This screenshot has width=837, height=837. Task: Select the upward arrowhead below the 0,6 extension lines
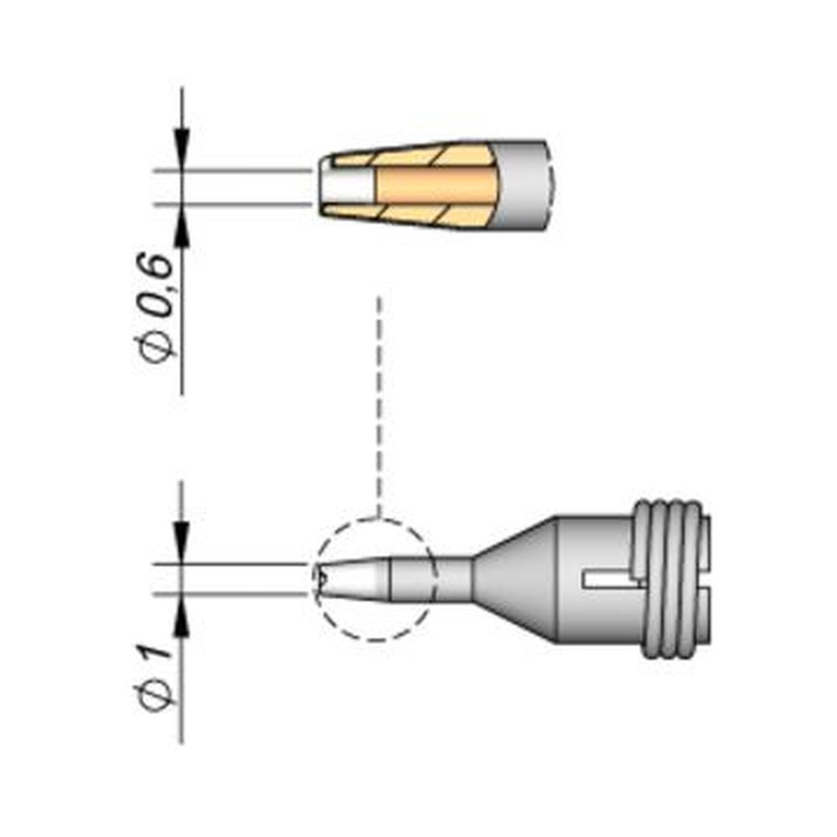click(x=182, y=229)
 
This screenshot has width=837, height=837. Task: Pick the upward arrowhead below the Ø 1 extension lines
click(x=182, y=620)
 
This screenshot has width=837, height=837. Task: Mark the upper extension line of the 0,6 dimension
click(x=234, y=170)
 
